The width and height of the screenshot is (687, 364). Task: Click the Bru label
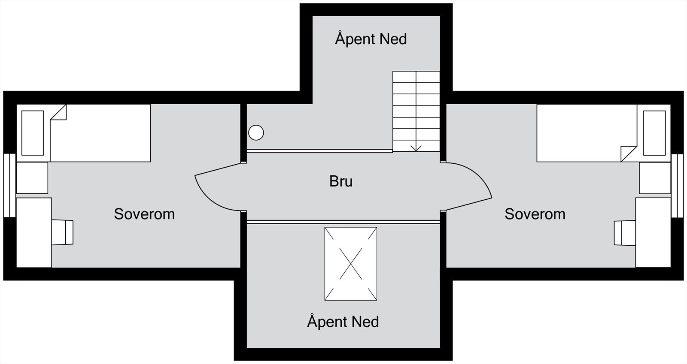click(x=341, y=181)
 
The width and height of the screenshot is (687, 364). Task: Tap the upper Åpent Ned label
click(x=371, y=39)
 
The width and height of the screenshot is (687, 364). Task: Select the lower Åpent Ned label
click(x=343, y=322)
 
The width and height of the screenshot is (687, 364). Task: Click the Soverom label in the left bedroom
click(x=144, y=214)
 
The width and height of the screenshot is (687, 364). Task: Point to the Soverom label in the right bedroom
click(x=535, y=214)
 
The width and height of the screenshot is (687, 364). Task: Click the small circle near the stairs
click(x=256, y=132)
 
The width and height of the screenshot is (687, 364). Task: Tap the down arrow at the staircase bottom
click(x=416, y=147)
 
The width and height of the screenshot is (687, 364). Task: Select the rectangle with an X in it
click(x=351, y=264)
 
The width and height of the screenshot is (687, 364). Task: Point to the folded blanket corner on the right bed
click(x=629, y=153)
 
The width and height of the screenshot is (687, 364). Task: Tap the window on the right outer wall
click(x=677, y=185)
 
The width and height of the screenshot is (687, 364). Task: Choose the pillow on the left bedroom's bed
click(x=33, y=133)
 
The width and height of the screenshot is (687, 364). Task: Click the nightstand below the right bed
click(x=655, y=178)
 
